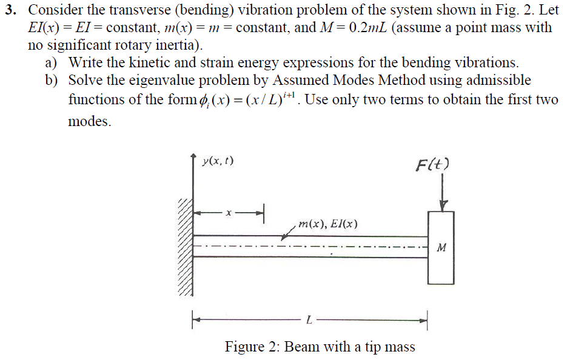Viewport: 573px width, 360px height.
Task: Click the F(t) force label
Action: tap(433, 165)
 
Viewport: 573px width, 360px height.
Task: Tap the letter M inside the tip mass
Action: tap(441, 247)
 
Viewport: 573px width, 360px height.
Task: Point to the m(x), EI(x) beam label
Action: tap(327, 224)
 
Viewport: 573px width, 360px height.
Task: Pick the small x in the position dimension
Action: tap(229, 213)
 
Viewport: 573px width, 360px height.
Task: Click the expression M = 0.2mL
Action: tap(354, 28)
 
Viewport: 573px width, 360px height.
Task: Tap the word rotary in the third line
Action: tap(127, 45)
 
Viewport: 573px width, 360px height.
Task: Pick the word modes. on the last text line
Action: tap(89, 121)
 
